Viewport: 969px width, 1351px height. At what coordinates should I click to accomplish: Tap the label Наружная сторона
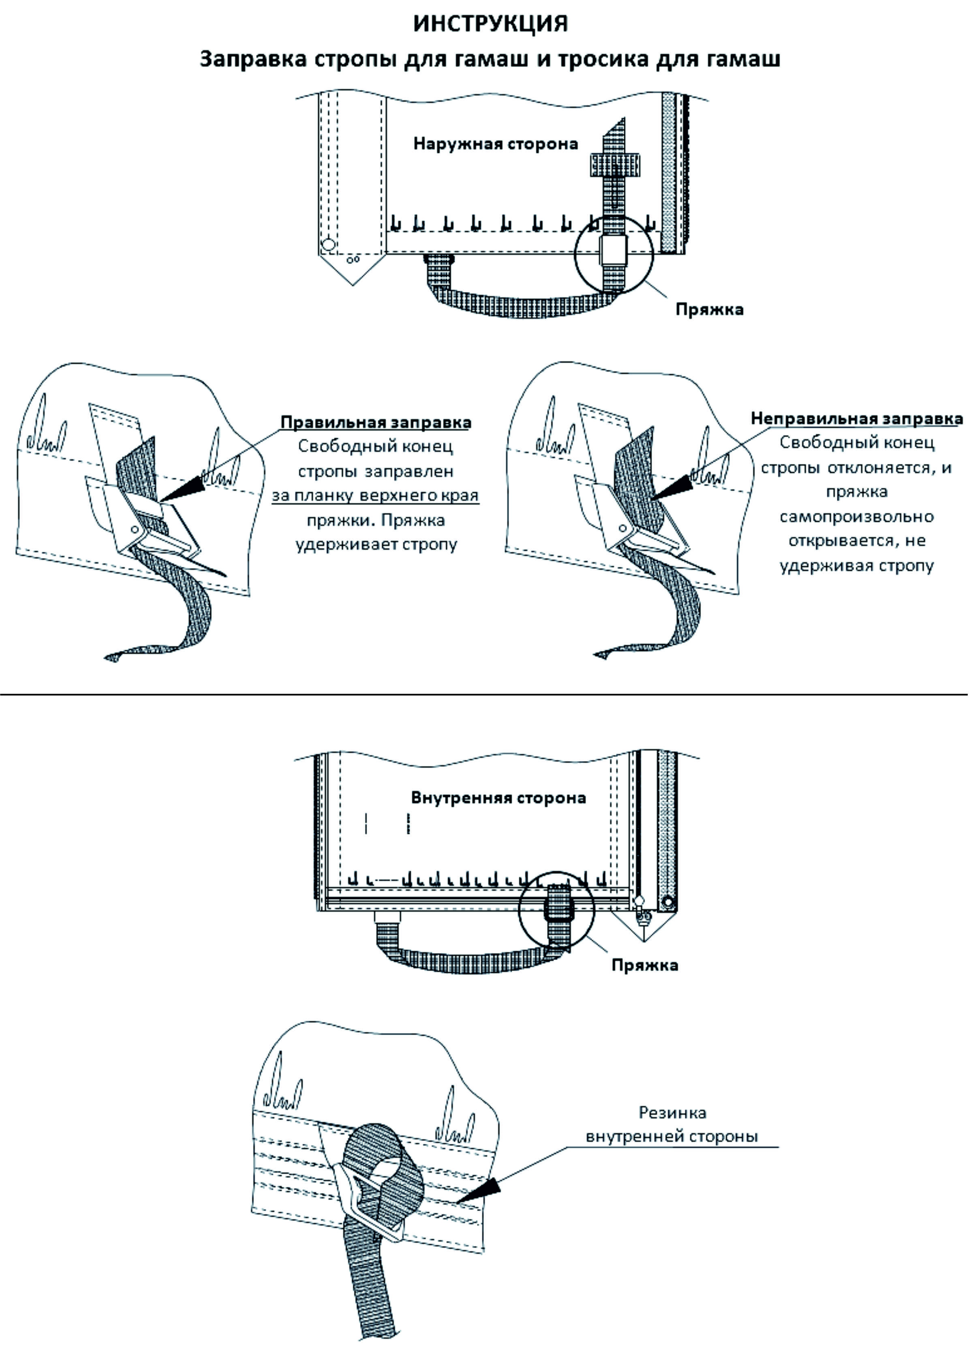pyautogui.click(x=496, y=144)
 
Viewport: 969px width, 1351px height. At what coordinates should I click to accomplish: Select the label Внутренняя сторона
pyautogui.click(x=498, y=798)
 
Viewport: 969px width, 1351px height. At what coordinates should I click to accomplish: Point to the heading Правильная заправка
pyautogui.click(x=376, y=422)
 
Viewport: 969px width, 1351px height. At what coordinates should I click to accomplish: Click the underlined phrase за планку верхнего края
pyautogui.click(x=375, y=495)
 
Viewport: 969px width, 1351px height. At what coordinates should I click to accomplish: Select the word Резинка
pyautogui.click(x=672, y=1112)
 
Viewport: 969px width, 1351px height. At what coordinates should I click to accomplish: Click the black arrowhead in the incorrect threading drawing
pyautogui.click(x=672, y=487)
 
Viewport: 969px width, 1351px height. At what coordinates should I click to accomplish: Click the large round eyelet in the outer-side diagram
pyautogui.click(x=327, y=244)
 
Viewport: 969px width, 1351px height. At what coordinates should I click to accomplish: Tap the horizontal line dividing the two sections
pyautogui.click(x=484, y=695)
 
